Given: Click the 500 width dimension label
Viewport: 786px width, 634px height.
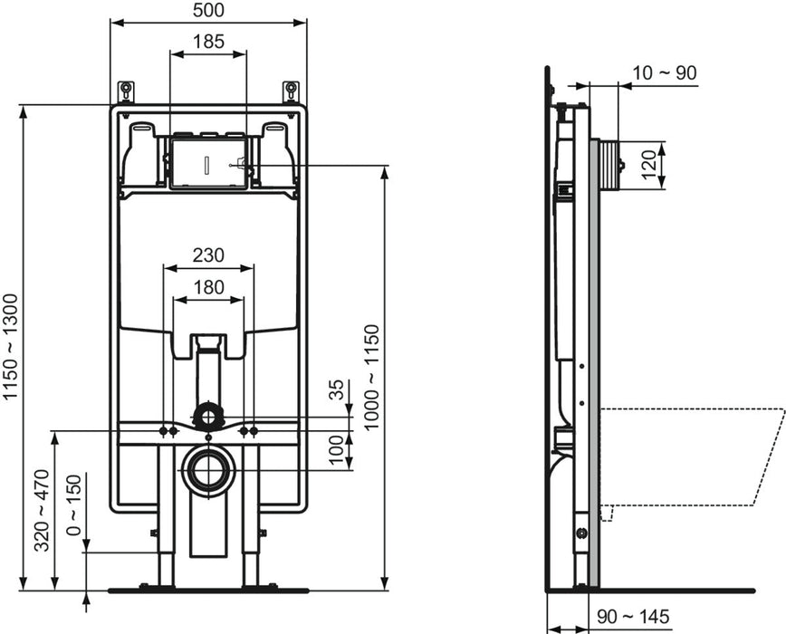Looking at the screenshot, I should [x=208, y=10].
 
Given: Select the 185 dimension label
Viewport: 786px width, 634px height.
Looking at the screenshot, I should [x=208, y=42].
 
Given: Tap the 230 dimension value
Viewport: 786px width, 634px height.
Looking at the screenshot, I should [x=208, y=255].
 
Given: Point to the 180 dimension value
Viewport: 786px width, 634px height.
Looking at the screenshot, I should [x=208, y=287].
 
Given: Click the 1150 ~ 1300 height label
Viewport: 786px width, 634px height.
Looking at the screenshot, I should [x=11, y=348].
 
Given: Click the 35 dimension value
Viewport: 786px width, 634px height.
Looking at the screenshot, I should [x=336, y=391].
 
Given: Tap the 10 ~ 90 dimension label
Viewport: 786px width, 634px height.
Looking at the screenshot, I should [x=666, y=73].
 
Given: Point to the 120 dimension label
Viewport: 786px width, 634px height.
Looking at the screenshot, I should [x=648, y=166].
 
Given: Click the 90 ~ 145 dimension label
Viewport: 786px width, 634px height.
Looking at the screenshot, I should [x=633, y=617].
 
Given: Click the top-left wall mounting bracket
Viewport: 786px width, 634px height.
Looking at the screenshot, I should [x=126, y=91].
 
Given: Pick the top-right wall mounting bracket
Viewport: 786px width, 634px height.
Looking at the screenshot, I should [x=291, y=91].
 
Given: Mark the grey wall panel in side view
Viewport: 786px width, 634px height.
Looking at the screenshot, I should [x=594, y=362].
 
